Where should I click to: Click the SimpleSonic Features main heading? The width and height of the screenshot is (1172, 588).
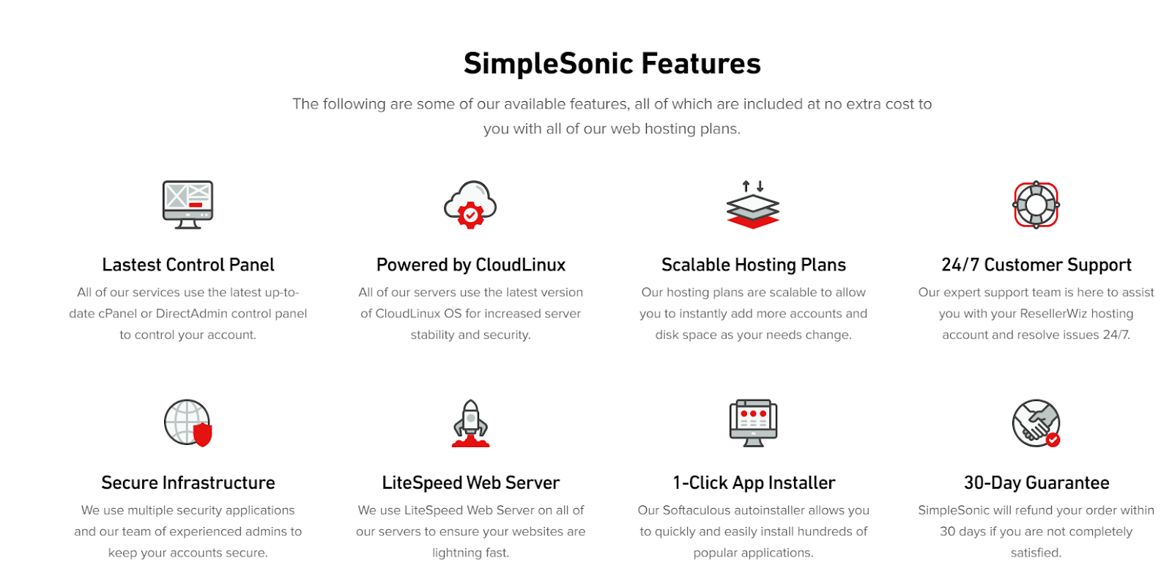(612, 64)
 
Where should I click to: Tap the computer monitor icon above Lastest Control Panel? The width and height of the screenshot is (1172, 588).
(188, 205)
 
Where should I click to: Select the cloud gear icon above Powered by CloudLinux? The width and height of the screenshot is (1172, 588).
(470, 205)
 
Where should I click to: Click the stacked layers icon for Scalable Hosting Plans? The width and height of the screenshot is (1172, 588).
(753, 205)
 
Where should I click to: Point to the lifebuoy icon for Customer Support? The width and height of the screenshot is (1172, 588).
(1036, 205)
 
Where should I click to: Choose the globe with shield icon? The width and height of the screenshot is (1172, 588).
(188, 423)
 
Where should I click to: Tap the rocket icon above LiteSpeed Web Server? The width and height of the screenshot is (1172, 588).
(470, 423)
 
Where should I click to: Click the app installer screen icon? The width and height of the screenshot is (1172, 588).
(753, 423)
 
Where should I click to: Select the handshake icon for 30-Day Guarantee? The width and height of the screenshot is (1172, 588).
(1036, 423)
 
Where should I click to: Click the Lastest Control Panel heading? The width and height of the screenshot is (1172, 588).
(188, 265)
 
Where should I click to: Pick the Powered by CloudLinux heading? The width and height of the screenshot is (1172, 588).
(470, 265)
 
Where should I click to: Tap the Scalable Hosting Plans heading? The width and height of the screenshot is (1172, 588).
(753, 265)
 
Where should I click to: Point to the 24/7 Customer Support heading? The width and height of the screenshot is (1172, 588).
(1036, 265)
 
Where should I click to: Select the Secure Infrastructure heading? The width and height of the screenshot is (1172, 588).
(188, 482)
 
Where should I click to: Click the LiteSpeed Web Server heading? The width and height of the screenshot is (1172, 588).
(470, 482)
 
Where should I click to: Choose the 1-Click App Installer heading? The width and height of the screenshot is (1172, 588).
(753, 482)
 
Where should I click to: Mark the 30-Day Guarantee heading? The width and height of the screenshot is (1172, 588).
(1036, 482)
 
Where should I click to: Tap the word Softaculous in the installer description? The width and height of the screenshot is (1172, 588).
(697, 510)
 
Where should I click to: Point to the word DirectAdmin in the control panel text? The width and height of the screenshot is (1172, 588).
(192, 314)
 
